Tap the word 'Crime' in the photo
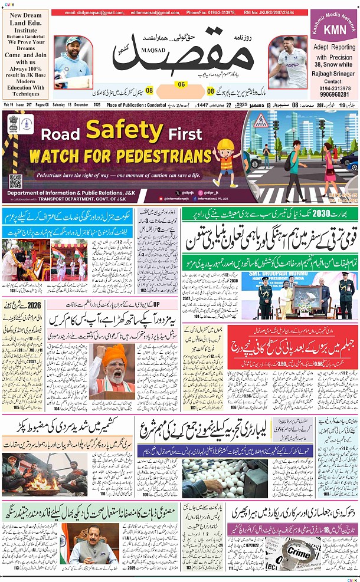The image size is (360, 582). (298, 552)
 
